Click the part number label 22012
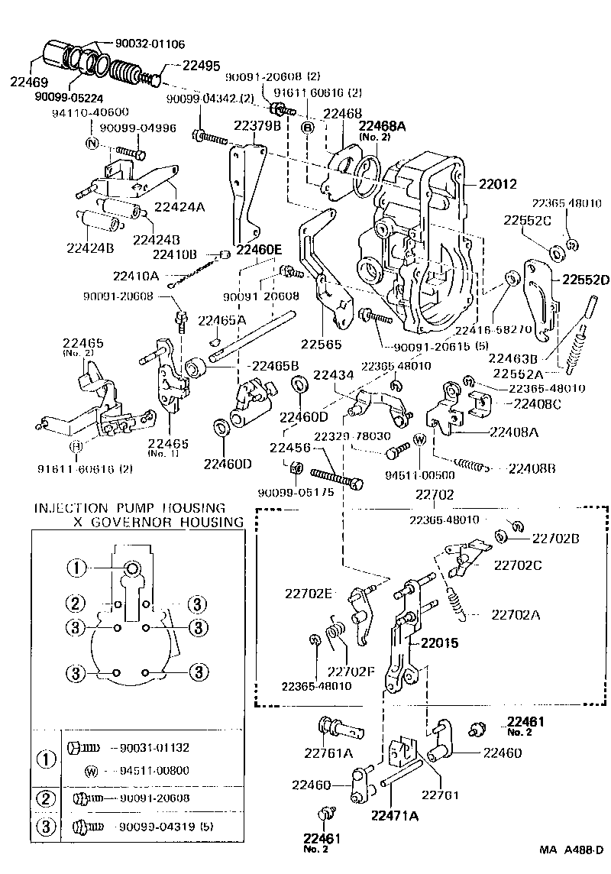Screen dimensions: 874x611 point(498,184)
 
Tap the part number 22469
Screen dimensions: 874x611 point(27,82)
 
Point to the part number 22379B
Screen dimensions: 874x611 point(257,125)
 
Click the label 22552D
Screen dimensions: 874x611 point(587,278)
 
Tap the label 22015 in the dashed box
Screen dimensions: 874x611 point(438,643)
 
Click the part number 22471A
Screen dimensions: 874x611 point(396,816)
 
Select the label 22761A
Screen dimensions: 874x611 point(328,753)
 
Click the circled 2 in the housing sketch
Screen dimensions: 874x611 point(74,604)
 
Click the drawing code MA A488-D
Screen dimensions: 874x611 point(571,850)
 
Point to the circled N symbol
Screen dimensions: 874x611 point(93,144)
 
